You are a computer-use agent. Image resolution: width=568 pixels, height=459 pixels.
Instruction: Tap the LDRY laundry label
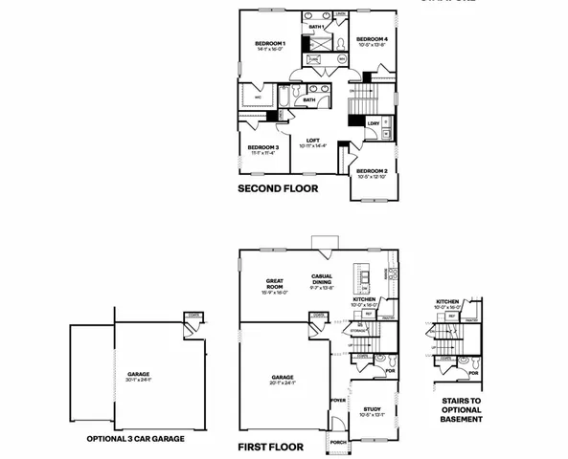point(373,122)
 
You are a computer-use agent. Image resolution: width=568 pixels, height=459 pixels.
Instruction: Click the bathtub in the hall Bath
point(285,98)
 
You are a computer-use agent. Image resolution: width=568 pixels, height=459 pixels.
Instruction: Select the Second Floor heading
point(278,189)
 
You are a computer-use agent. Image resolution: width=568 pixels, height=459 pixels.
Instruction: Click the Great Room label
point(276,284)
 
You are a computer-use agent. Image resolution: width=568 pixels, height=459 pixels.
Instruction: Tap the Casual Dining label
point(322,279)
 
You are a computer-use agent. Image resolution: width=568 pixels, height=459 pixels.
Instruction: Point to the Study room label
point(372,409)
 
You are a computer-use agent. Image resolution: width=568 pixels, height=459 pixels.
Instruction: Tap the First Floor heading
point(271,447)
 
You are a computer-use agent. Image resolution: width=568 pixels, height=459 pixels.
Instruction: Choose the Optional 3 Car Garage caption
point(127,439)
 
